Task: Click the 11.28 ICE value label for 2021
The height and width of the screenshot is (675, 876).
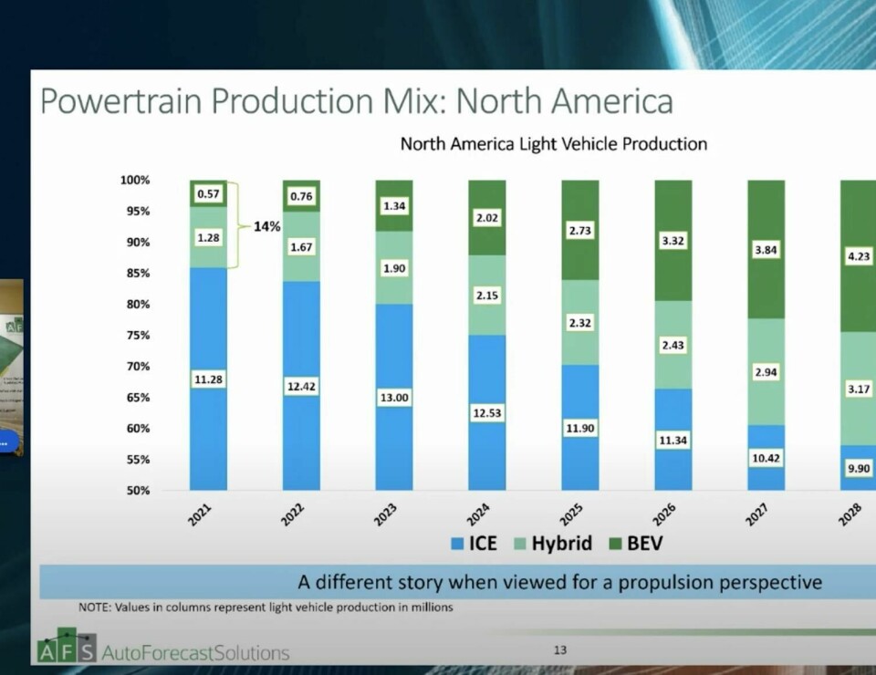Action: point(208,379)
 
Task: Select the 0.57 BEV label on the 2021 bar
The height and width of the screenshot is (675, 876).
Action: point(208,193)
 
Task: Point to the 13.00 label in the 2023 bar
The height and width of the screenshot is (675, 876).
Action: point(394,398)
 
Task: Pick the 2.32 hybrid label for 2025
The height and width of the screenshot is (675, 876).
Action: point(579,323)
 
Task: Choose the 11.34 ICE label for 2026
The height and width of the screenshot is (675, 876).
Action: point(673,441)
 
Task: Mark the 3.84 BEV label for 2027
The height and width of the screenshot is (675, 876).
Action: point(766,249)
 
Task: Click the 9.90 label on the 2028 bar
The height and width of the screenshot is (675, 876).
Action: point(858,467)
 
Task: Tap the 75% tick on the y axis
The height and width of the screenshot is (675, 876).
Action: point(138,335)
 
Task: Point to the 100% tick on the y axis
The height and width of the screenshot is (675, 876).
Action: point(135,180)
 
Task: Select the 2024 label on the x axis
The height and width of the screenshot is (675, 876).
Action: point(478,515)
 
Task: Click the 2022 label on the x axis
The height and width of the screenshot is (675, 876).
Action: point(293,515)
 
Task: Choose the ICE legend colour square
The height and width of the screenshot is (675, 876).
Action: point(456,545)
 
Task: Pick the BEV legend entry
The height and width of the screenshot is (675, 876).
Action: point(642,544)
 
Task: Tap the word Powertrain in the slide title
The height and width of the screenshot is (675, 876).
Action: point(123,100)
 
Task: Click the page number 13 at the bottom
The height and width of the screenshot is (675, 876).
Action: point(560,650)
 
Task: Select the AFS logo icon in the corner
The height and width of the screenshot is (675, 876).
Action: point(66,645)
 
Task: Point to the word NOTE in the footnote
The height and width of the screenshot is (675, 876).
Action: point(96,607)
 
